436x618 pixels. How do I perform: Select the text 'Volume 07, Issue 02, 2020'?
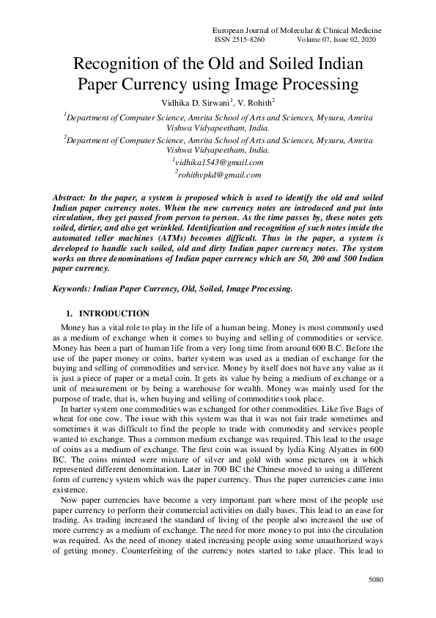pyautogui.click(x=341, y=40)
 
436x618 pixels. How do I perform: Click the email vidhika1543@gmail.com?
pyautogui.click(x=218, y=162)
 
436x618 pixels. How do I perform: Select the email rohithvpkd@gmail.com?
pyautogui.click(x=218, y=175)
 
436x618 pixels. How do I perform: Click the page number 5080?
pyautogui.click(x=375, y=581)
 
